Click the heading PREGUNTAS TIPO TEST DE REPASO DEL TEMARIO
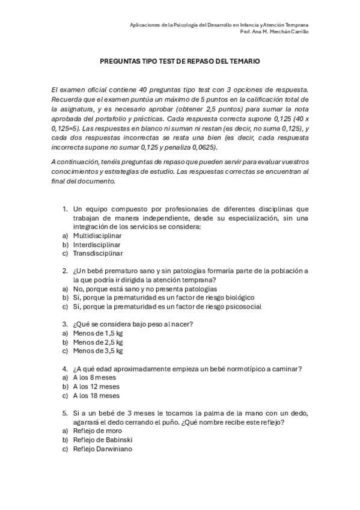[x=180, y=61]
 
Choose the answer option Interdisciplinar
[x=97, y=245]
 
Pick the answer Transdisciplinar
[x=98, y=253]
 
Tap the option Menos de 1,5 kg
[x=98, y=333]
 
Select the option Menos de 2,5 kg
[x=98, y=342]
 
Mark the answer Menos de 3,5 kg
[x=98, y=351]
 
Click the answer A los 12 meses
[x=96, y=387]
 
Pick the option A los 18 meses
[x=96, y=396]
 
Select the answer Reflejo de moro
[x=97, y=431]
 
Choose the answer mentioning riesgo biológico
[x=163, y=297]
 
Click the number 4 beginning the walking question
[x=64, y=369]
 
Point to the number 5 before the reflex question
[x=64, y=413]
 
